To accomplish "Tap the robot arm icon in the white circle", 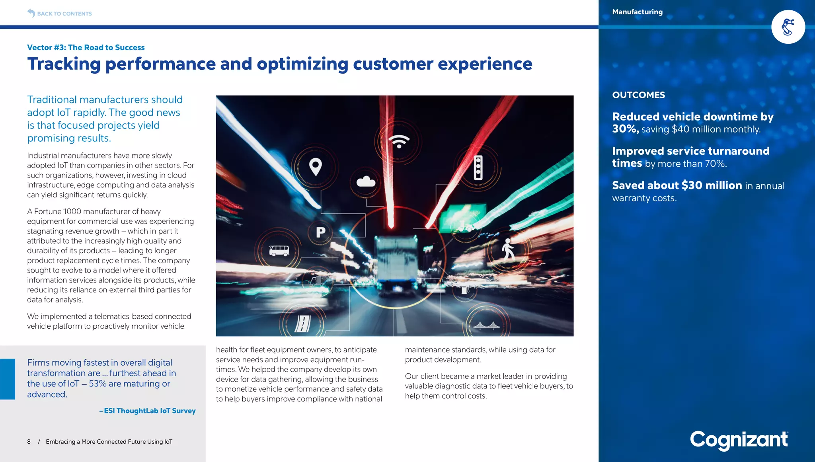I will coord(788,27).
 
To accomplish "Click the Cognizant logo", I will coord(739,440).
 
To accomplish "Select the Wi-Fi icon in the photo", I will coord(399,141).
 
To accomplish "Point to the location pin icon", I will coord(316,167).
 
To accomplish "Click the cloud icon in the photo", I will coord(366,182).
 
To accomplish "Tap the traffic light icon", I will coord(478,168).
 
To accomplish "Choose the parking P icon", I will coord(321,232).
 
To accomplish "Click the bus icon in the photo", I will coord(279,250).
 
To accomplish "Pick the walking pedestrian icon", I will coord(508,250).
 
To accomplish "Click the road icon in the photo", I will coord(302,324).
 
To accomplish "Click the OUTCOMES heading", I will coord(638,95).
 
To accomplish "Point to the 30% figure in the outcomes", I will coord(625,129).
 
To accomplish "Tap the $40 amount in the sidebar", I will coord(680,129).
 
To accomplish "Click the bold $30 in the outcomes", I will coord(692,185).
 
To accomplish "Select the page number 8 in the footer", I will coord(29,442).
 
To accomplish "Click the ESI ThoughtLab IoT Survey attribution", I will coord(148,411).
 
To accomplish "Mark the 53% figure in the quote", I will coord(97,384).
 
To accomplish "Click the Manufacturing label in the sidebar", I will coord(637,12).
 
